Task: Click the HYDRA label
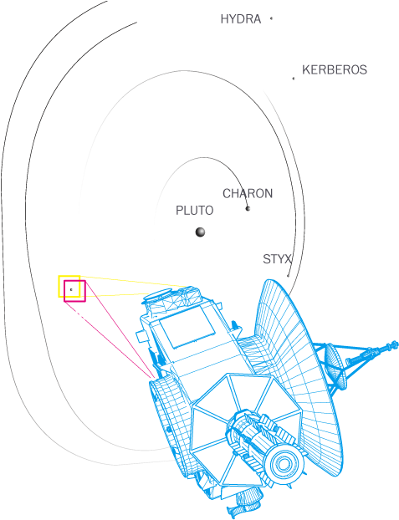tap(241, 19)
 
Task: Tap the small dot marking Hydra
tap(271, 18)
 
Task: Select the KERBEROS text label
tap(335, 70)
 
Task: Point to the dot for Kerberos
tap(294, 79)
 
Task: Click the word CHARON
tap(248, 193)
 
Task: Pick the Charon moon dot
tap(248, 208)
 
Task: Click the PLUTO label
tap(195, 211)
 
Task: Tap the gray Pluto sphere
tap(200, 232)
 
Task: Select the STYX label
tap(277, 259)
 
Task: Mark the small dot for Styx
tap(288, 276)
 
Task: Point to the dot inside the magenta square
tap(71, 289)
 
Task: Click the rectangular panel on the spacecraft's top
tap(187, 327)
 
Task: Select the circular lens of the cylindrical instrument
tap(284, 464)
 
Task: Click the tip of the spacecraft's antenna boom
tap(395, 344)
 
